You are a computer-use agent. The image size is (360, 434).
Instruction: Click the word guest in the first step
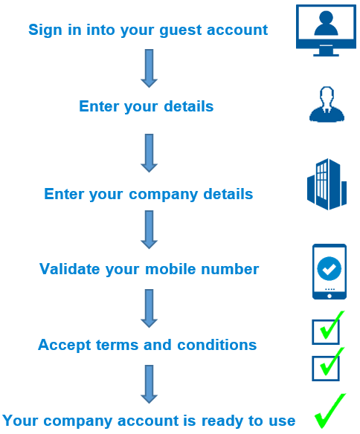180,30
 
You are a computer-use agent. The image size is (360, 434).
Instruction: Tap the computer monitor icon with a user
326,30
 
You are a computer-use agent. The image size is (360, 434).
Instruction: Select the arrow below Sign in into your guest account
149,68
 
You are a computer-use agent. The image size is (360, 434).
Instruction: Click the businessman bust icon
327,104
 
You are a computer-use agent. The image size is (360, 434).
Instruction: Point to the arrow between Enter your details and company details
149,153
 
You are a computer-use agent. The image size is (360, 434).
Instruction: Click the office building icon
327,184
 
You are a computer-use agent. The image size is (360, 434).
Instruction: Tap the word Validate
69,269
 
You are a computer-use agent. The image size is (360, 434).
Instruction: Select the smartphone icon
330,271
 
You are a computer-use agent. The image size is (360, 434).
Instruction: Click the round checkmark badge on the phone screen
330,268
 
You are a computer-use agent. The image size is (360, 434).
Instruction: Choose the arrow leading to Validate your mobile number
149,230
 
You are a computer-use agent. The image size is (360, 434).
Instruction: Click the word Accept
64,345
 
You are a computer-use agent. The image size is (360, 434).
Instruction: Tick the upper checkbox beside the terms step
326,332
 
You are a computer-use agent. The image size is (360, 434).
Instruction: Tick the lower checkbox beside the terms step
326,369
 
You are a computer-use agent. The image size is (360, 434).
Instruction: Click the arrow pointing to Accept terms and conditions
149,308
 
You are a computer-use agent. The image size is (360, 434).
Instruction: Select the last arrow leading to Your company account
149,384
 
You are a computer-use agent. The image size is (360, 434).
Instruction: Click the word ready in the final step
222,421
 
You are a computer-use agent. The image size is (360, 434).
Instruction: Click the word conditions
217,345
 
